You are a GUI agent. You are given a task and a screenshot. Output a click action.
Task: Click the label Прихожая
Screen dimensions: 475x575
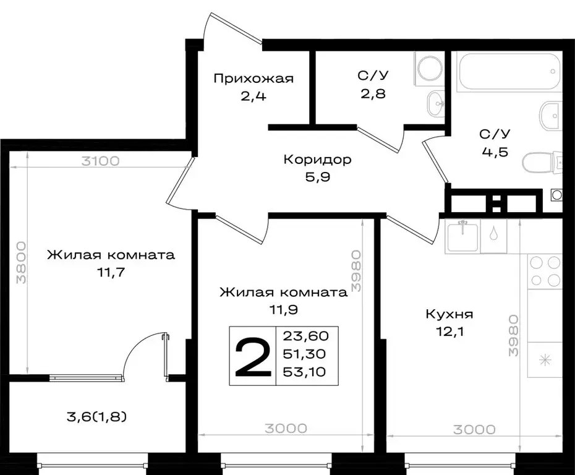tap(253, 79)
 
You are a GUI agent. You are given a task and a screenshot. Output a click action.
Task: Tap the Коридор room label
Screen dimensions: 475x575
tap(317, 160)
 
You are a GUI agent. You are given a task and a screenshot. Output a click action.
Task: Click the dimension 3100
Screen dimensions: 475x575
tap(100, 162)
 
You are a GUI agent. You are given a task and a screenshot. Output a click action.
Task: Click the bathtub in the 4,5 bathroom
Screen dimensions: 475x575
tap(508, 72)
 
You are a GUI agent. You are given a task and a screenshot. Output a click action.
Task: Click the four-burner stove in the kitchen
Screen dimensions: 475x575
tap(545, 271)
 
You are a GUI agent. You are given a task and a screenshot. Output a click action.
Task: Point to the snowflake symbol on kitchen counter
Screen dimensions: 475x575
tap(545, 359)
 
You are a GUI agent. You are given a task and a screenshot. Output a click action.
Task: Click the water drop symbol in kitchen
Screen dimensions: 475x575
tap(493, 234)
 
